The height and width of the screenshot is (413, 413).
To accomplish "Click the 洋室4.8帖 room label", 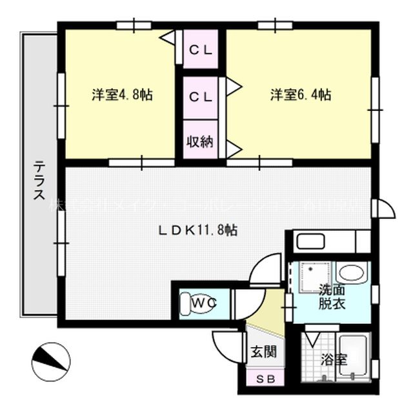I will pos(121,95).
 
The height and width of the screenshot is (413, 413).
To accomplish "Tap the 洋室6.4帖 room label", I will pos(300,95).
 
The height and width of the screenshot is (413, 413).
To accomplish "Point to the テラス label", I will pos(38,181).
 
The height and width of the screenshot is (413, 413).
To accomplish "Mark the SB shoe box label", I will pos(264,379).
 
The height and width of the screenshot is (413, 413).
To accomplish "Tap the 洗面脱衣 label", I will pos(331,297).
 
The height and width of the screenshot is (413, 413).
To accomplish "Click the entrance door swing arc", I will pos(226,347).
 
